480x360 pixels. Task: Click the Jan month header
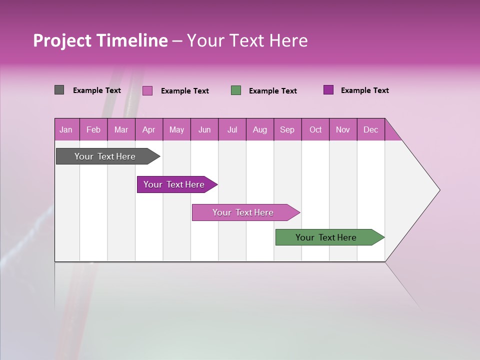click(66, 129)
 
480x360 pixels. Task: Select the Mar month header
click(121, 129)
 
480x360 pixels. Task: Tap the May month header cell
click(176, 129)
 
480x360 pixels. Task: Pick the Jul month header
click(232, 129)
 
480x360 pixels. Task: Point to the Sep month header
click(287, 129)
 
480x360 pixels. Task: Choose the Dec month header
click(370, 129)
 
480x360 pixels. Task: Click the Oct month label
click(315, 129)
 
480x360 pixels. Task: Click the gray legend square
click(59, 90)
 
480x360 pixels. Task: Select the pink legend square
click(147, 90)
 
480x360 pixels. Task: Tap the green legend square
click(236, 90)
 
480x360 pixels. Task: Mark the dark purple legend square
click(328, 90)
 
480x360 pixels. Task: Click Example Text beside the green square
click(272, 91)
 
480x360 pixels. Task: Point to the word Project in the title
click(62, 40)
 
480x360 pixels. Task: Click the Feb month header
click(93, 129)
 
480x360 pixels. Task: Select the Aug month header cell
click(259, 129)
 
